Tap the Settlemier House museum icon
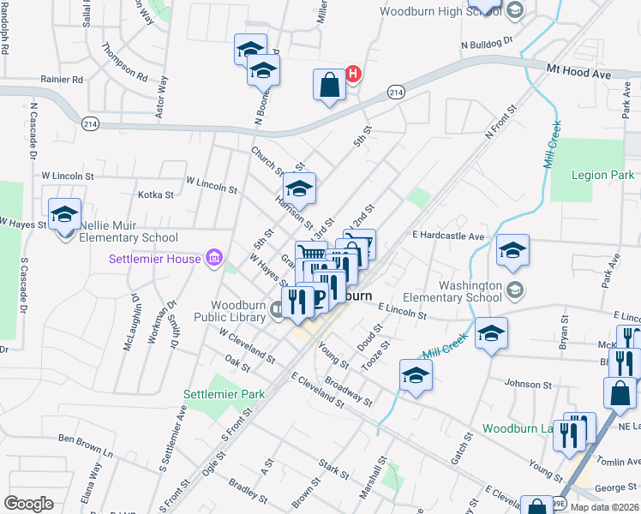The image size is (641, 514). point(214,258)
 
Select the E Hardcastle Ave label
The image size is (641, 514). point(447,235)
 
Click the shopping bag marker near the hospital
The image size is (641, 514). point(329,86)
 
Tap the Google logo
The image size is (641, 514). point(28,503)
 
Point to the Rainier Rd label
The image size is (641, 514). point(62,80)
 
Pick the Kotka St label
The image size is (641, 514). point(155,194)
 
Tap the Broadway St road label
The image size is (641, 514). point(348,389)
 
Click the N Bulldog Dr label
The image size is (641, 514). point(485,40)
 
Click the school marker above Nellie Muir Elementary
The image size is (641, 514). point(64,214)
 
